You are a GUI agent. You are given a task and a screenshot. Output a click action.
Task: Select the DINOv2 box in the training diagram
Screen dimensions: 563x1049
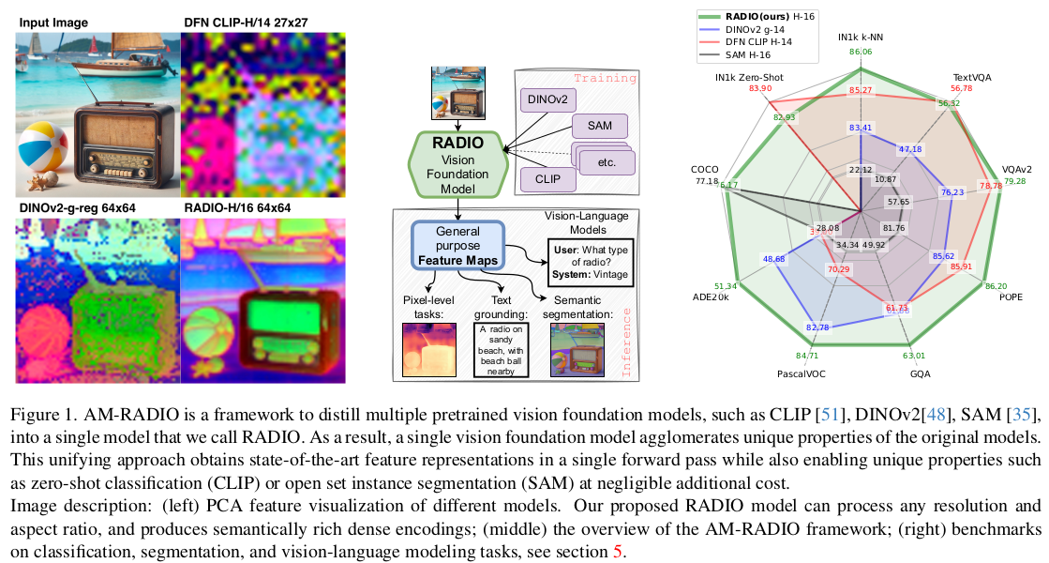tap(547, 99)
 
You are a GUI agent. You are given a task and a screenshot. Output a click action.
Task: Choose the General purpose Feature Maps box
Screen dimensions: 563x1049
tap(457, 244)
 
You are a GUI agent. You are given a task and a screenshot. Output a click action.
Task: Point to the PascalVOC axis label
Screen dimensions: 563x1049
tap(800, 373)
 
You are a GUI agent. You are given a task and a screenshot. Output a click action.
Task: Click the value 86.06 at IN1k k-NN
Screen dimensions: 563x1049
tap(860, 53)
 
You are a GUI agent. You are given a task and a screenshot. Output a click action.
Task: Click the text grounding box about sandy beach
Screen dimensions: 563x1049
tap(501, 349)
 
